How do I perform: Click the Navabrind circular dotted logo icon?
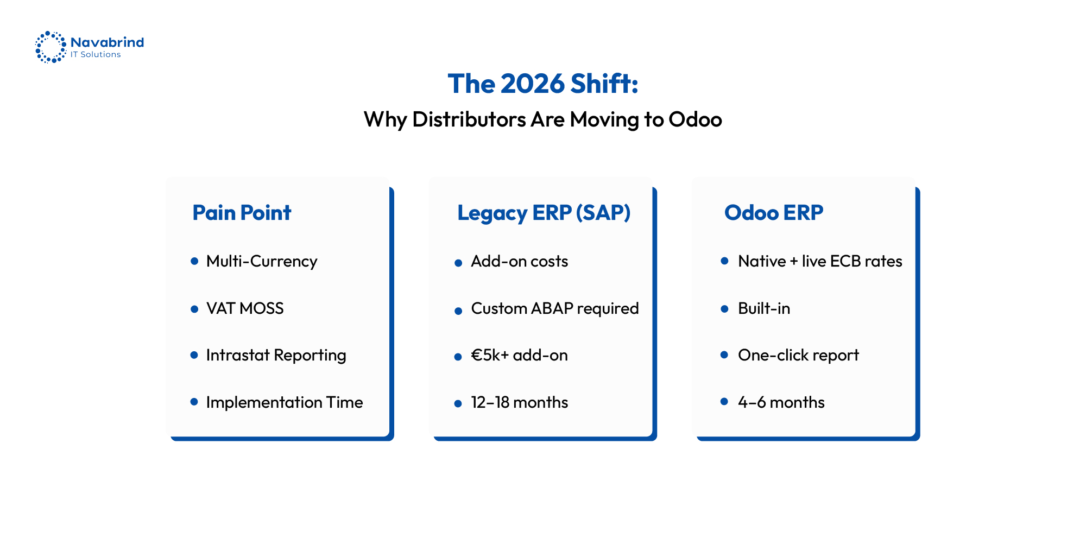(50, 47)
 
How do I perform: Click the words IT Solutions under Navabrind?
(96, 55)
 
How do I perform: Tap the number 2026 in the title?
(532, 84)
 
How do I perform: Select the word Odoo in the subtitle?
(695, 119)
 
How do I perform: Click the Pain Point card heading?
(242, 213)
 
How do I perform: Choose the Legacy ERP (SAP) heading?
(544, 213)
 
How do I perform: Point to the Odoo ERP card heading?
(773, 213)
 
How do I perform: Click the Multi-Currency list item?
(261, 262)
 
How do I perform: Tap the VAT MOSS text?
(245, 308)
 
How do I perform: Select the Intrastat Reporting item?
(276, 356)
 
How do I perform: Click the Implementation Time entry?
(284, 402)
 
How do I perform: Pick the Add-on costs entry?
(519, 262)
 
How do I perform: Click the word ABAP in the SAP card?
(552, 308)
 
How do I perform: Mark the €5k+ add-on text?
(519, 356)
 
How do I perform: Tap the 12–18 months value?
(519, 402)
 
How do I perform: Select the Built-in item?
(763, 308)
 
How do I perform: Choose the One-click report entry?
(798, 356)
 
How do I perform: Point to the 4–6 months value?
(781, 402)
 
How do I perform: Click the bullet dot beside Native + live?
(724, 261)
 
